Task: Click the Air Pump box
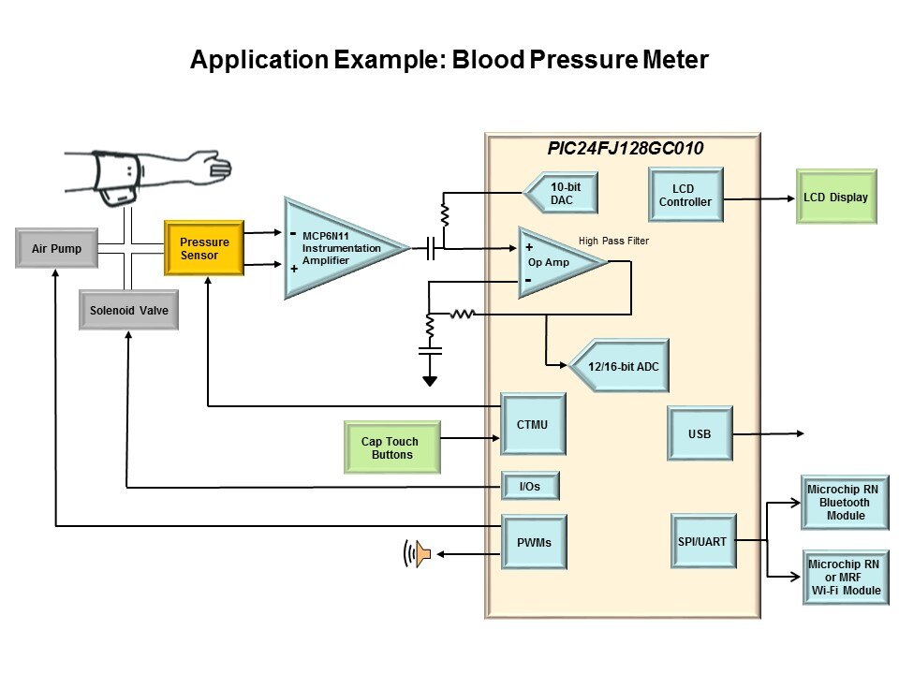click(56, 248)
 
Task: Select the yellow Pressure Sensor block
click(204, 248)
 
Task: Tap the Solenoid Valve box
click(129, 311)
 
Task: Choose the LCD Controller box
click(685, 195)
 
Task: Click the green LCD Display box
click(835, 197)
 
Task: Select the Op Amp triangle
click(554, 262)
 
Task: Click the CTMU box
click(533, 424)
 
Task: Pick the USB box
click(699, 434)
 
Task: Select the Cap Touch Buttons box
click(390, 447)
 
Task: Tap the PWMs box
click(533, 542)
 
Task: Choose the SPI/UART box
click(703, 541)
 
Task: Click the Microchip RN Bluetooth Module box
click(845, 503)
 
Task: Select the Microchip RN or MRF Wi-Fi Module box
click(845, 577)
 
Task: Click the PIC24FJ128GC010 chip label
click(625, 149)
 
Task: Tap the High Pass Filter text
click(613, 242)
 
